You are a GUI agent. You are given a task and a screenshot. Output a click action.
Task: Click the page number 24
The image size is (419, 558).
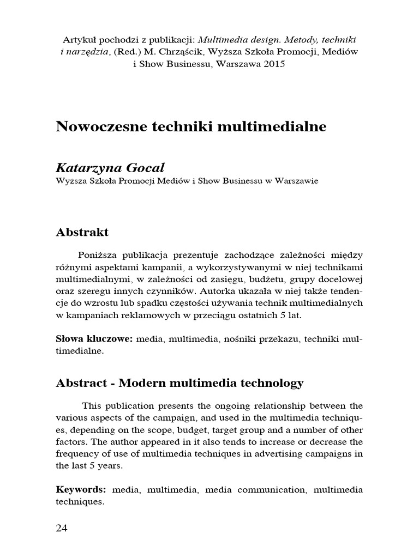click(x=62, y=528)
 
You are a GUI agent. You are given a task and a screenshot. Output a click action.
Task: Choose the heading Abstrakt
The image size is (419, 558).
click(x=82, y=232)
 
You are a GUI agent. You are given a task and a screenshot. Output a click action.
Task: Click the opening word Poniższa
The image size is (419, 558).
click(x=96, y=255)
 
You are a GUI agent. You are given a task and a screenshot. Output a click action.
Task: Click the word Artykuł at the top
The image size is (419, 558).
click(x=79, y=40)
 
